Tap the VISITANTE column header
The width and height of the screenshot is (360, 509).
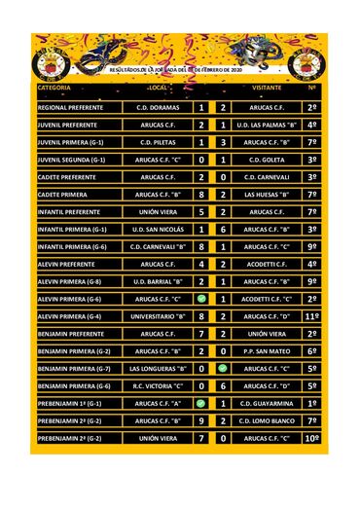coord(267,89)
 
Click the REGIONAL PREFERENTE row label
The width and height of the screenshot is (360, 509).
coord(68,108)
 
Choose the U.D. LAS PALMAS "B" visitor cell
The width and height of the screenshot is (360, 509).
coord(267,126)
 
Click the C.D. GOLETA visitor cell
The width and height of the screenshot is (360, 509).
coord(267,161)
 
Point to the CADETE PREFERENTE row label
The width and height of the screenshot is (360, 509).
coord(68,178)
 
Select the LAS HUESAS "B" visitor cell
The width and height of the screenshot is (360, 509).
coord(267,195)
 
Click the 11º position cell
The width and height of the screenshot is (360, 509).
coord(312,316)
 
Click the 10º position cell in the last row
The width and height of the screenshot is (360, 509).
coord(312,439)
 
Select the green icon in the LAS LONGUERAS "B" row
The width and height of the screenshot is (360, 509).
coord(223,369)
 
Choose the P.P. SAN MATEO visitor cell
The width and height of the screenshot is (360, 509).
coord(267,351)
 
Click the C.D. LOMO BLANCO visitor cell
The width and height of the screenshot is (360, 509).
coord(267,421)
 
